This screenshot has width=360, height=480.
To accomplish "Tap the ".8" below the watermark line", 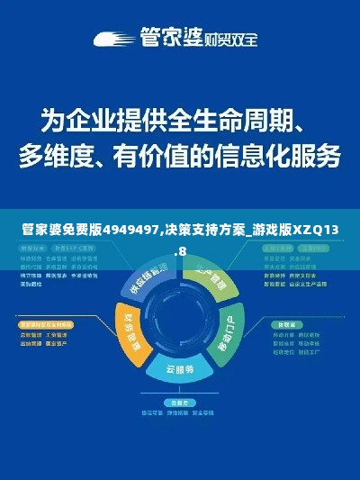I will click(x=181, y=251).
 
